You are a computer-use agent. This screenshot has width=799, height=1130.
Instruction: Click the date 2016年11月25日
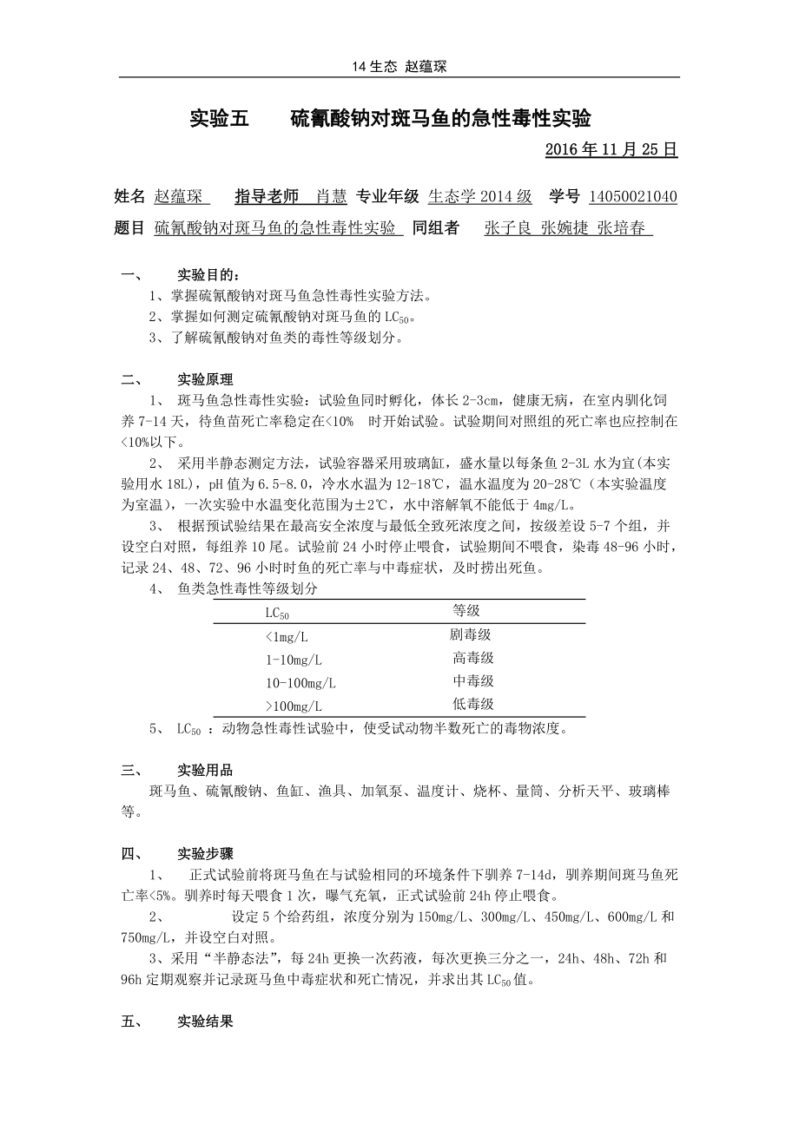click(x=611, y=149)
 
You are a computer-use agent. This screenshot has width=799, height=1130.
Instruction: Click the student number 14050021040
click(x=633, y=196)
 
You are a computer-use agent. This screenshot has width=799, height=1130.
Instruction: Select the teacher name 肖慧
click(x=331, y=196)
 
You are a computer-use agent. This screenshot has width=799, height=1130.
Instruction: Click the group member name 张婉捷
click(x=565, y=228)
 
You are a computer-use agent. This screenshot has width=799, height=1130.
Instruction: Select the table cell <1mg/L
click(x=287, y=637)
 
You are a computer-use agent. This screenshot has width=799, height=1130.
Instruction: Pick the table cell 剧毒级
click(x=471, y=635)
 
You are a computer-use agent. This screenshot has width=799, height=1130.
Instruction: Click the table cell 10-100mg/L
click(x=300, y=683)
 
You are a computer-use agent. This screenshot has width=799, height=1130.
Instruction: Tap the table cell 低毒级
click(x=473, y=704)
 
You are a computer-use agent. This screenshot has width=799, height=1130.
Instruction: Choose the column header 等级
click(x=466, y=611)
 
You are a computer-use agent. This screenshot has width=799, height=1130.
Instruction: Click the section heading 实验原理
click(x=205, y=379)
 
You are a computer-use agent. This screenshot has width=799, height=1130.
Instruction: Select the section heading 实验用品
click(x=205, y=770)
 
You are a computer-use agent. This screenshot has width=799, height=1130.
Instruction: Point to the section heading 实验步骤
click(x=205, y=854)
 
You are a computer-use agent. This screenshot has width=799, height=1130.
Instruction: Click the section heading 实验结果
click(x=205, y=1022)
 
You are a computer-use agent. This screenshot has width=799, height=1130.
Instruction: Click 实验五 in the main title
click(x=219, y=118)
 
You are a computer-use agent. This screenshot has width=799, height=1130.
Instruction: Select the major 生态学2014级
click(x=480, y=196)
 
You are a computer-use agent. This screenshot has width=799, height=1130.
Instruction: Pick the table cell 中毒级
click(x=473, y=681)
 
